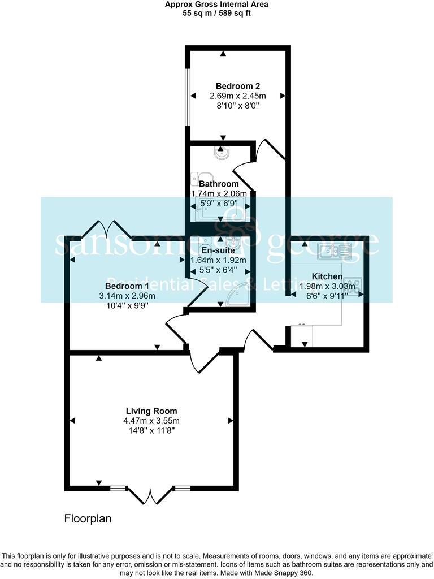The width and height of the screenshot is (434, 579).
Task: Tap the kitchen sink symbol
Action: [x=335, y=250]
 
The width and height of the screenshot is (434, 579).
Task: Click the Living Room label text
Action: [x=151, y=411]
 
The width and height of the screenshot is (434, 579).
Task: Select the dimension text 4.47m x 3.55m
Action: [x=151, y=421]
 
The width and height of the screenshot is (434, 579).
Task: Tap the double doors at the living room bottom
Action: [x=150, y=495]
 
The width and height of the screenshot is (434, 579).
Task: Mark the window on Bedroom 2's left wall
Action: [x=188, y=98]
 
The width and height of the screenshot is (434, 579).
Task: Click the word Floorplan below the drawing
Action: [x=88, y=518]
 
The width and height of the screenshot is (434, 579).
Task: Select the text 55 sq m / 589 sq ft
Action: [x=216, y=13]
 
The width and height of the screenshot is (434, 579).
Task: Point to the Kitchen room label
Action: [x=327, y=276]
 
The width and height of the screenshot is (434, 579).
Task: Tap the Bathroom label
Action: [x=219, y=184]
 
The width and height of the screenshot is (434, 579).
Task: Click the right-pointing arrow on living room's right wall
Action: [x=231, y=421]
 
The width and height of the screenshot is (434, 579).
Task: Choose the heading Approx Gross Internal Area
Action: [x=216, y=5]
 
